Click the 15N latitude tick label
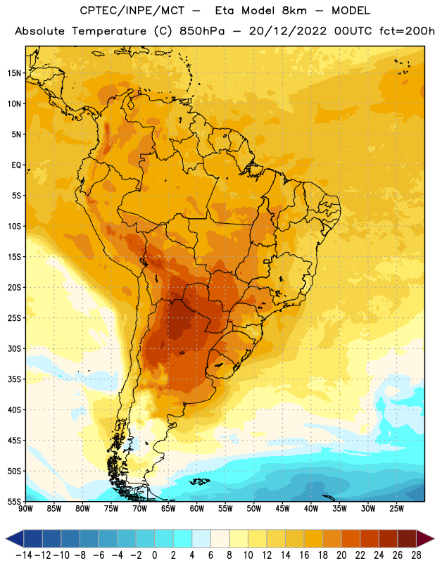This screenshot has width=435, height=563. (x=14, y=73)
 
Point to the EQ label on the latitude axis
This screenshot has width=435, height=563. (x=16, y=165)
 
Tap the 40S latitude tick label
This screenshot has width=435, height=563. (x=14, y=410)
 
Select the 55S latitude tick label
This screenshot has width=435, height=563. (x=14, y=501)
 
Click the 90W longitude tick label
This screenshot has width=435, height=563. (x=26, y=509)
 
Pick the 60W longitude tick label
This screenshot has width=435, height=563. (x=197, y=509)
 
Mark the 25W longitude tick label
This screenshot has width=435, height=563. (x=396, y=509)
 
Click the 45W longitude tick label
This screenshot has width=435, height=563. (x=282, y=509)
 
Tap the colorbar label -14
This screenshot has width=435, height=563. (x=24, y=555)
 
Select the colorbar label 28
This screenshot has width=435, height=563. (x=416, y=555)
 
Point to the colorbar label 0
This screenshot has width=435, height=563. (x=154, y=555)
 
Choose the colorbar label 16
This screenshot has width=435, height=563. (x=304, y=555)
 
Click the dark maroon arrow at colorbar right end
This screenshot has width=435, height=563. (x=424, y=538)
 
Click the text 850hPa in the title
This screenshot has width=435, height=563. (x=202, y=31)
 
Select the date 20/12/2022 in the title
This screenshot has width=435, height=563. (x=288, y=31)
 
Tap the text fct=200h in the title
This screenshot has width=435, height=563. (x=407, y=31)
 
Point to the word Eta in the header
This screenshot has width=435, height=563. (x=225, y=11)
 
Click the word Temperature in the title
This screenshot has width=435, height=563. (x=108, y=32)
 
